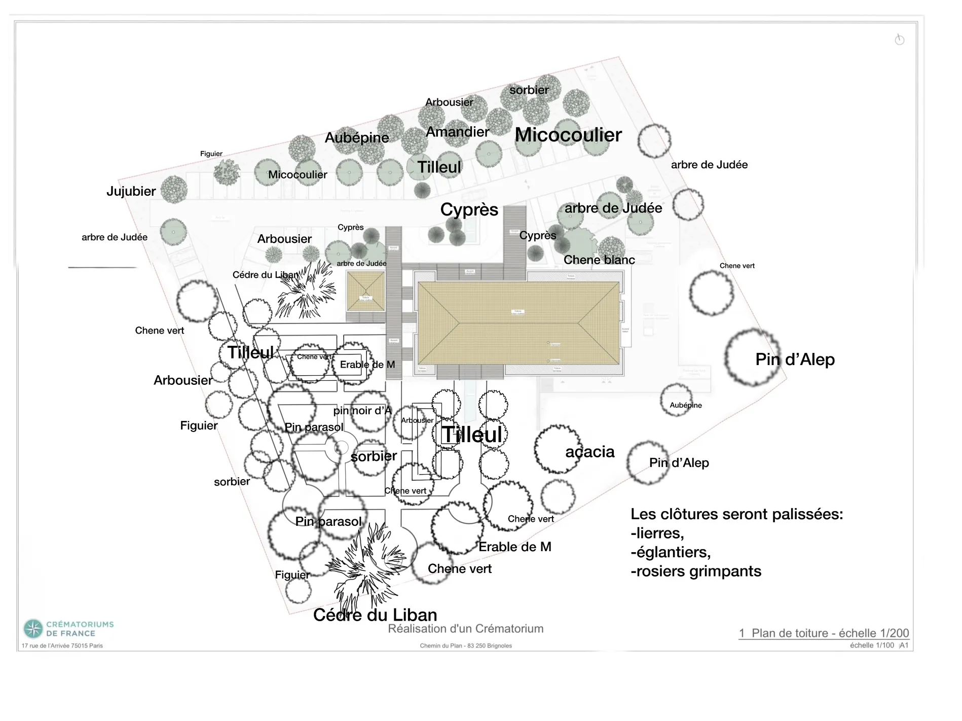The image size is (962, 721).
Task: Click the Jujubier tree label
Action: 131,191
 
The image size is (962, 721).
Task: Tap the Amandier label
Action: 457,132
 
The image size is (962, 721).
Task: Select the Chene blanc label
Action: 599,260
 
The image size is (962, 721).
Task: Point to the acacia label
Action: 590,452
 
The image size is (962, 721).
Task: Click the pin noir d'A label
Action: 362,411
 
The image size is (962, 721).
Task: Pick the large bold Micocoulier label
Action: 568,135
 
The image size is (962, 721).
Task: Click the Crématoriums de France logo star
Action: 33,629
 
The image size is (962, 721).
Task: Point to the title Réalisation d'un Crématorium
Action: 465,629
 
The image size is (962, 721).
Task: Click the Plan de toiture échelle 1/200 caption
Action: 824,633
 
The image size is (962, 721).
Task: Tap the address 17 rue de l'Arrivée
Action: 62,645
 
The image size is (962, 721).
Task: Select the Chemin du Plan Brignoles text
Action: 465,645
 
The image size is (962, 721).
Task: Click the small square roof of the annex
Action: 365,291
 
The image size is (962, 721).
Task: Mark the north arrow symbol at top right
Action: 900,40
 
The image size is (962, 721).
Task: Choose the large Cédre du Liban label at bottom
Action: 375,615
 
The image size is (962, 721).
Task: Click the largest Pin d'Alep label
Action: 795,359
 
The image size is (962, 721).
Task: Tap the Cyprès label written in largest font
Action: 469,209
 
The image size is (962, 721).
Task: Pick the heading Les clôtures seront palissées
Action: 736,514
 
